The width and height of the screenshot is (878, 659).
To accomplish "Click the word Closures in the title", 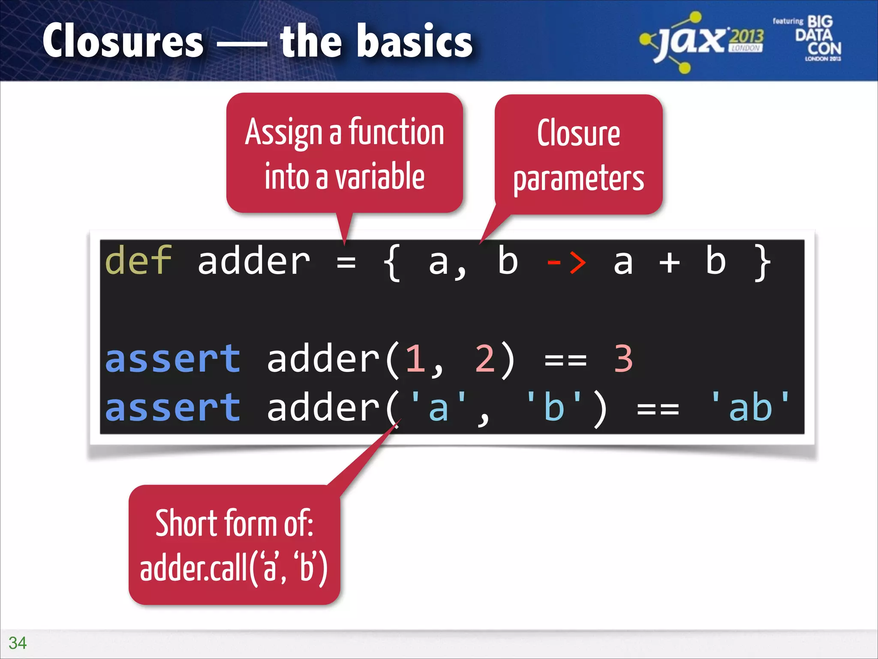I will (123, 41).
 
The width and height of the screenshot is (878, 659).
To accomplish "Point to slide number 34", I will (18, 643).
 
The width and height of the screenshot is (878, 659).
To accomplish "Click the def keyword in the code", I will (138, 261).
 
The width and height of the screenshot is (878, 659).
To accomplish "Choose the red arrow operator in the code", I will (566, 262).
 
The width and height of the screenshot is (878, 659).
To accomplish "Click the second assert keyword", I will (172, 408).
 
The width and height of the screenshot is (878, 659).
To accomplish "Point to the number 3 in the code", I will (623, 359).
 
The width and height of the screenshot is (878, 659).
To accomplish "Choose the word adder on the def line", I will (253, 262).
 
